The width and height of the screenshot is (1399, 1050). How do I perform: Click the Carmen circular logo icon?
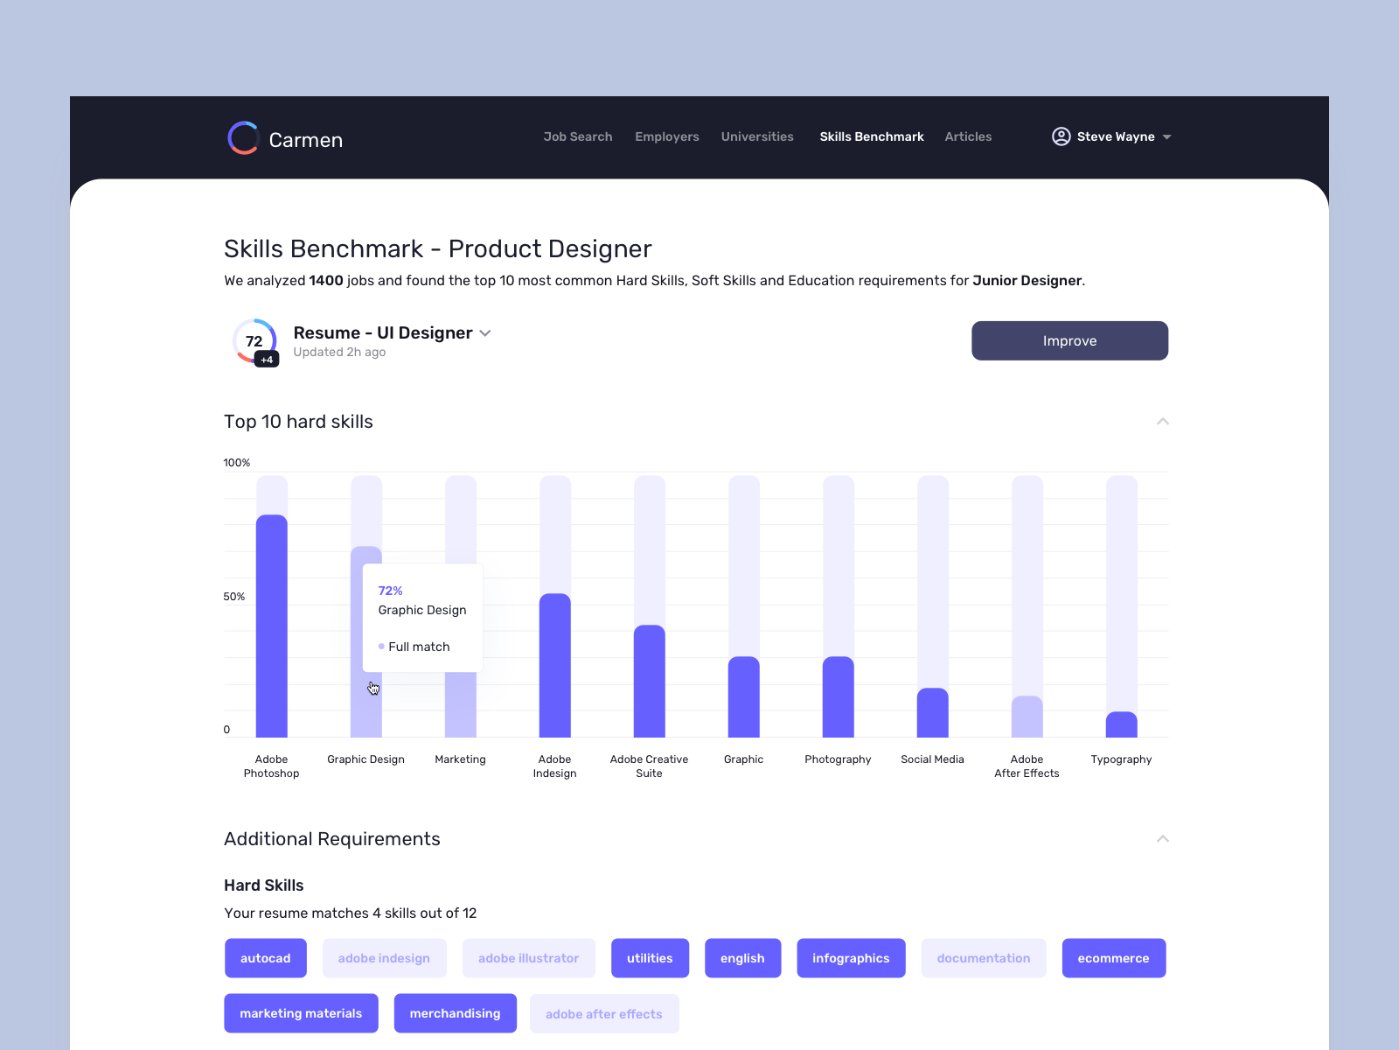click(x=243, y=138)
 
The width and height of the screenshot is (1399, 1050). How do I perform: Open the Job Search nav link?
click(x=577, y=136)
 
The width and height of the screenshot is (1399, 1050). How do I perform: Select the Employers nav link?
click(x=666, y=136)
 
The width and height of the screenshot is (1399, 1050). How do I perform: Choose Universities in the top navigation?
click(x=757, y=136)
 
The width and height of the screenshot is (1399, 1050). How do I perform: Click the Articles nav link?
click(x=968, y=136)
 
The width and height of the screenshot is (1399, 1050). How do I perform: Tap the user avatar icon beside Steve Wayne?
click(x=1061, y=136)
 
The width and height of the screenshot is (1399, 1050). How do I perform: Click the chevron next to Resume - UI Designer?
click(x=485, y=333)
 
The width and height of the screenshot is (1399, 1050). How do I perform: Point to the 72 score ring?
click(x=254, y=341)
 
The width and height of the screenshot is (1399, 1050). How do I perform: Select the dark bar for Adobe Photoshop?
click(x=271, y=626)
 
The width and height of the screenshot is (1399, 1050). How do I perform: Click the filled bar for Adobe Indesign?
click(x=554, y=665)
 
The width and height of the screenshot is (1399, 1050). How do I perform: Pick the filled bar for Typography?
click(x=1121, y=724)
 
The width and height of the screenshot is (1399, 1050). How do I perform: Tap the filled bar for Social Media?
click(x=932, y=712)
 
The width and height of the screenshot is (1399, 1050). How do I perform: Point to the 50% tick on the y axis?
click(x=234, y=597)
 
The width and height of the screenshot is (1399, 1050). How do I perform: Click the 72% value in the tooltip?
click(x=390, y=591)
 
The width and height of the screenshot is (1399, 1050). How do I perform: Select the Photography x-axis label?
click(x=838, y=759)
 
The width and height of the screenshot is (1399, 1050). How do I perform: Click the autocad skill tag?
click(x=265, y=958)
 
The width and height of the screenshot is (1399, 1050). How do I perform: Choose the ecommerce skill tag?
click(x=1113, y=958)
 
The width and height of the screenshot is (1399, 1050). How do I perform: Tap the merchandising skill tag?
click(x=455, y=1013)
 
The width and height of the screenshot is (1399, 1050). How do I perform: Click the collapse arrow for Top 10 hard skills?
click(x=1162, y=422)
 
